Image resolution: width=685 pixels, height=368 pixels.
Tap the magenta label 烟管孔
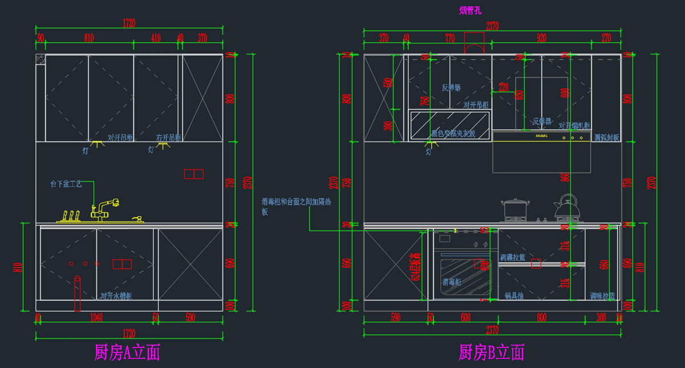tap(470, 10)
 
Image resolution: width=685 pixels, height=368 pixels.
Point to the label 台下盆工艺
tap(66, 184)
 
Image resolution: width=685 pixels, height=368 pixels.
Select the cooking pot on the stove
tap(514, 209)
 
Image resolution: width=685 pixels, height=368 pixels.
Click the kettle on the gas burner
tap(567, 208)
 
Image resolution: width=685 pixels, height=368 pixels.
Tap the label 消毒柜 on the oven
tap(452, 282)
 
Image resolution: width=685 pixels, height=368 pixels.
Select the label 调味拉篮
tap(603, 296)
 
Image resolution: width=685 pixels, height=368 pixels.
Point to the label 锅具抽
tap(514, 296)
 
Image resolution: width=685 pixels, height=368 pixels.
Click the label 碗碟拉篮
tap(513, 258)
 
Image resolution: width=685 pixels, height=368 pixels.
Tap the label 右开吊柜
tap(168, 138)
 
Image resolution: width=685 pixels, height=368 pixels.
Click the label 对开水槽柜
tap(116, 296)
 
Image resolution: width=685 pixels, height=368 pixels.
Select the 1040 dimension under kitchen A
tap(96, 318)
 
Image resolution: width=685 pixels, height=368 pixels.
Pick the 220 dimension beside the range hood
tap(503, 87)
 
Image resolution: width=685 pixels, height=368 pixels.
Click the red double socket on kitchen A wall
tap(194, 174)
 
